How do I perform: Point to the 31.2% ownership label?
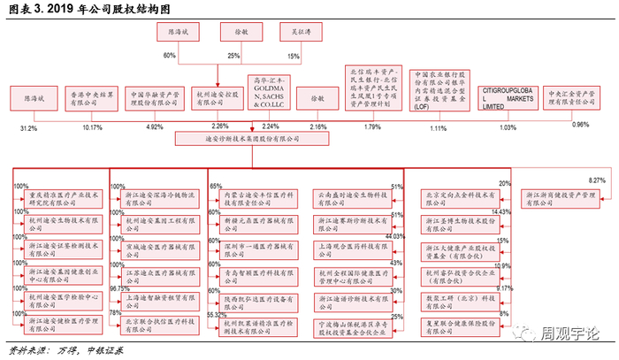28,128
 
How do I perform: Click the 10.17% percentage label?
93,128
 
